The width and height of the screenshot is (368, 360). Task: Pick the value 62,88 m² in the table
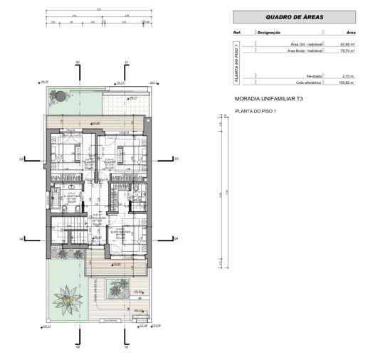pyautogui.click(x=346, y=45)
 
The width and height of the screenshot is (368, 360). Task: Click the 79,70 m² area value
pyautogui.click(x=346, y=51)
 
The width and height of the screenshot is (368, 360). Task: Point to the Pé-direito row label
pyautogui.click(x=314, y=75)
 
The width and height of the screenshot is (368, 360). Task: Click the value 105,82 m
pyautogui.click(x=346, y=83)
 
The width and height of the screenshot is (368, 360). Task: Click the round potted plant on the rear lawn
pyautogui.click(x=62, y=96)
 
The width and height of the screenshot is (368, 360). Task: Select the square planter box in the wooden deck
pyautogui.click(x=114, y=289)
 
